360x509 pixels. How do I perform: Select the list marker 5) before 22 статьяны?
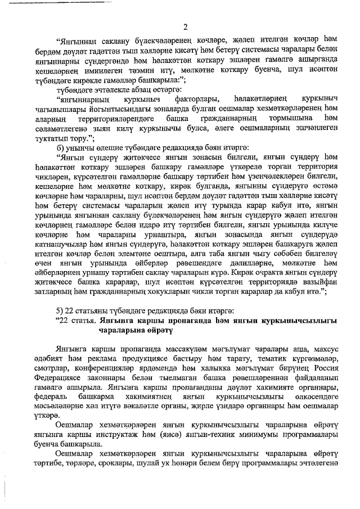click(60, 311)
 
